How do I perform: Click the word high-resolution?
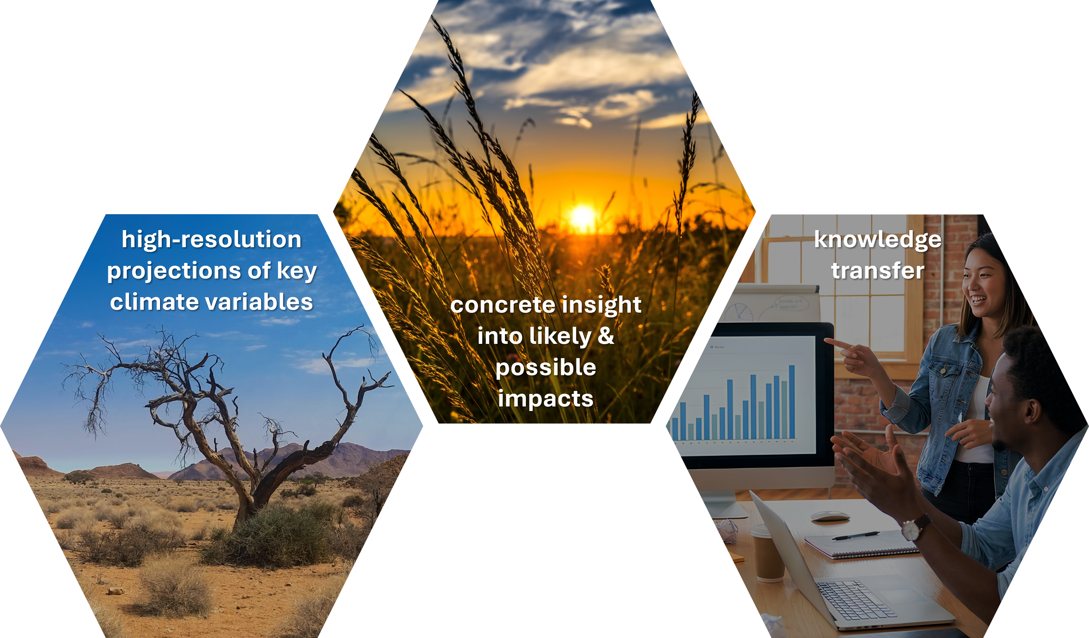[211, 239]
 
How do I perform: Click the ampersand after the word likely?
[606, 336]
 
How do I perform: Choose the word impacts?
[546, 399]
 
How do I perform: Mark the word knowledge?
[878, 239]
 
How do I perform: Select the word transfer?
[878, 271]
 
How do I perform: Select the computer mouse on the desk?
[830, 516]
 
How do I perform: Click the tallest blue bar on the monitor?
[792, 402]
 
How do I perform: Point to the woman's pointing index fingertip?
[827, 341]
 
